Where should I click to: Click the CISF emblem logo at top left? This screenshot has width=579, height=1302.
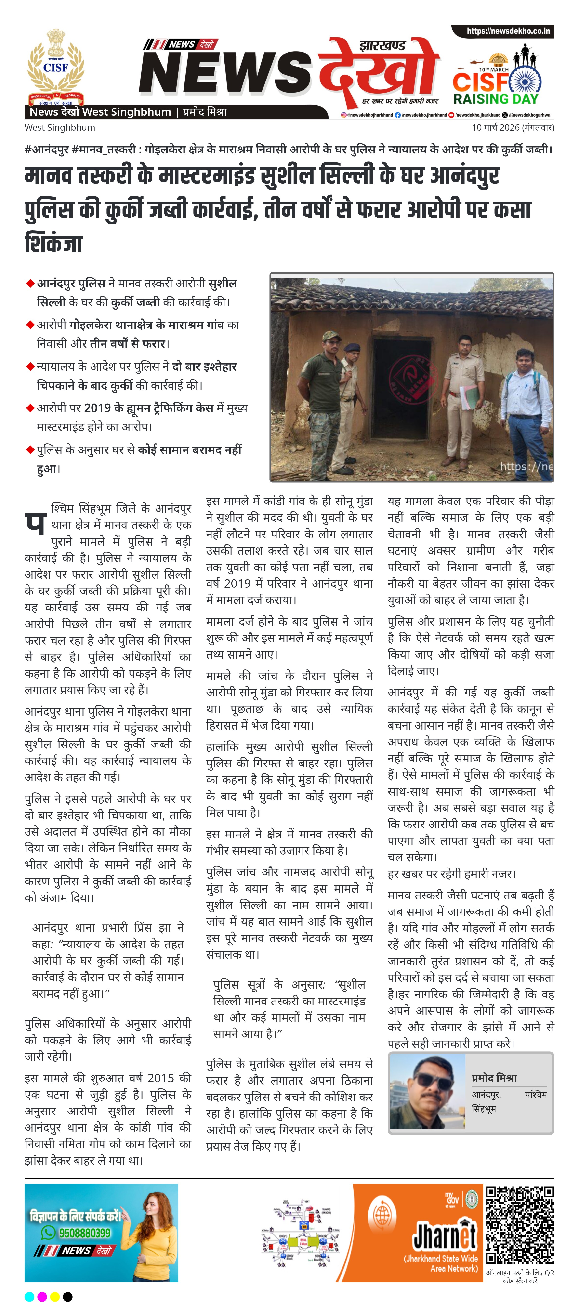(56, 66)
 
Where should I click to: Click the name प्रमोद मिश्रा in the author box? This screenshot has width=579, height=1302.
(494, 1078)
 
